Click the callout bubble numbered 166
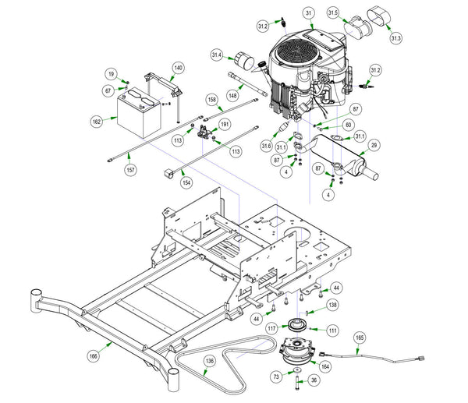93,356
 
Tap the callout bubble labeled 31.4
217,55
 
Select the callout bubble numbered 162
97,122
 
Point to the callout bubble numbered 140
178,68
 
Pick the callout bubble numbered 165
360,338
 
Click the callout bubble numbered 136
210,361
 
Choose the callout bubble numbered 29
374,145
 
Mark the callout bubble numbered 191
225,124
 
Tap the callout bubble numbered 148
232,95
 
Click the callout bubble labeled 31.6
266,146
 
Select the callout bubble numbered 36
314,380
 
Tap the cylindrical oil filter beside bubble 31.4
243,61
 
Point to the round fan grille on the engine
295,53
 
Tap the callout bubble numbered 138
332,305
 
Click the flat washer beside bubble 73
297,370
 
